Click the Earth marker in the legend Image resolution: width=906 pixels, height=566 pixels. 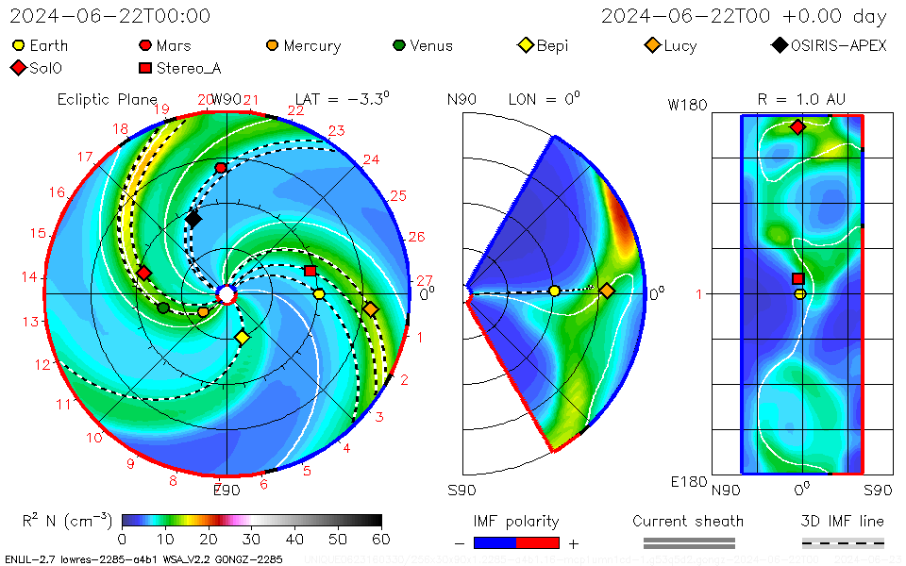(x=18, y=45)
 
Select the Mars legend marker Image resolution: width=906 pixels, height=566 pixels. (x=145, y=45)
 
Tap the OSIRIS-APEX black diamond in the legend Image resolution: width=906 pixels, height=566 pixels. (x=779, y=45)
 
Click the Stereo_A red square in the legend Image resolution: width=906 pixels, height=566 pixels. (x=145, y=68)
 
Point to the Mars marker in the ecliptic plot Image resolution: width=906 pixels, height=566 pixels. (x=221, y=168)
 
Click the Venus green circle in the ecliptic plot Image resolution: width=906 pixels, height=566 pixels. (x=163, y=308)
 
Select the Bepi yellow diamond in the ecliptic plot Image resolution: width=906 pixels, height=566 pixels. (x=243, y=338)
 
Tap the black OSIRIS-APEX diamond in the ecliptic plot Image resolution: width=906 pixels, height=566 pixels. (x=193, y=220)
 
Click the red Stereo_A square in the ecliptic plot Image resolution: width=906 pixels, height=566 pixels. (x=310, y=272)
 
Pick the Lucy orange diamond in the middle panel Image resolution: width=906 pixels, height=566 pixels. (x=607, y=291)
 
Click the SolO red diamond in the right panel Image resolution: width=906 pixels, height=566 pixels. (x=797, y=127)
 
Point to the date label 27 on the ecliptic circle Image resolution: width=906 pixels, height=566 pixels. (x=425, y=280)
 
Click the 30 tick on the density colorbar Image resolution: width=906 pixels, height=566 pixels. (x=251, y=539)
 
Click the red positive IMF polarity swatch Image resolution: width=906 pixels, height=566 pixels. (x=538, y=542)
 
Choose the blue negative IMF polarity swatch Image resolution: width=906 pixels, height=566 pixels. (x=495, y=542)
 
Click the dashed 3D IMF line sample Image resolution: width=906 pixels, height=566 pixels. (x=843, y=542)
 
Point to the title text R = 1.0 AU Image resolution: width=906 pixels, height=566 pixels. (x=801, y=99)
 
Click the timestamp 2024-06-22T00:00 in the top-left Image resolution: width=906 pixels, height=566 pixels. (x=110, y=16)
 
